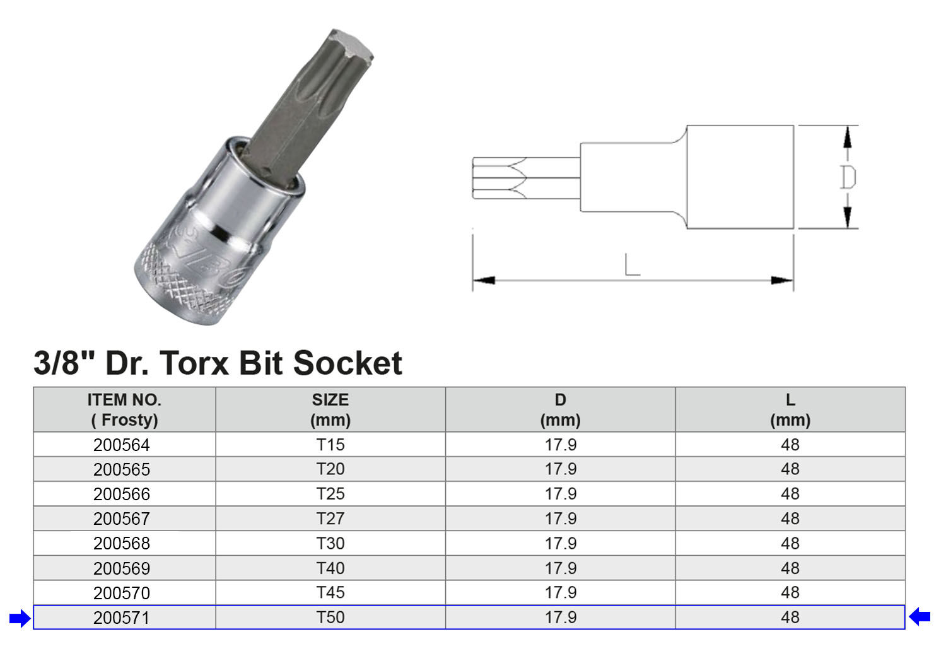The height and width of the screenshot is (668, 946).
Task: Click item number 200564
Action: pyautogui.click(x=122, y=445)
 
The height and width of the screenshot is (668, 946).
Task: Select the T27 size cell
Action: pyautogui.click(x=330, y=519)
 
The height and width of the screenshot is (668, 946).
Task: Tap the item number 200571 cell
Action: pyautogui.click(x=125, y=618)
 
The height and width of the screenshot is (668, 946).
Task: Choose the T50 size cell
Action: pyautogui.click(x=330, y=618)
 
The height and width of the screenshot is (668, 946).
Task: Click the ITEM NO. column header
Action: pyautogui.click(x=125, y=409)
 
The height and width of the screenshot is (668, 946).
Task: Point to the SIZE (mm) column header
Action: pyautogui.click(x=330, y=409)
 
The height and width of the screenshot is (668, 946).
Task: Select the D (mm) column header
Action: pyautogui.click(x=561, y=409)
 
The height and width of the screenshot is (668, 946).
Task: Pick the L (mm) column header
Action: pyautogui.click(x=790, y=409)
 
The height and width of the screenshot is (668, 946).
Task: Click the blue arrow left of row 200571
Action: pyautogui.click(x=20, y=619)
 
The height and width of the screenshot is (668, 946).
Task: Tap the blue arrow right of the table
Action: pyautogui.click(x=920, y=616)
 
